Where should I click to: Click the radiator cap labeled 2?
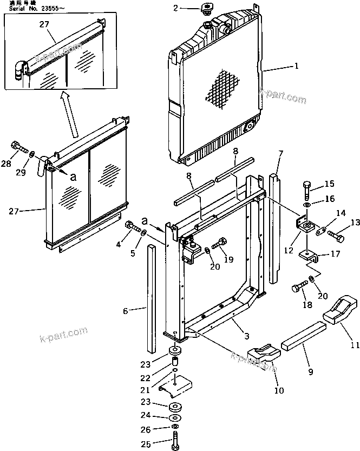[207, 10]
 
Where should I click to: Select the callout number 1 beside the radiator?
[296, 68]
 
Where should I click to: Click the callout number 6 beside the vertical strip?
[126, 311]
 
